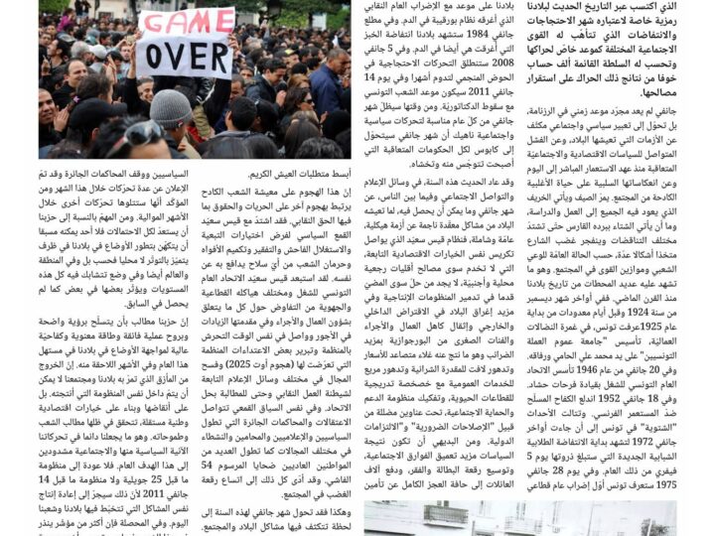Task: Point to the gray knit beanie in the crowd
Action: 172,107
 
